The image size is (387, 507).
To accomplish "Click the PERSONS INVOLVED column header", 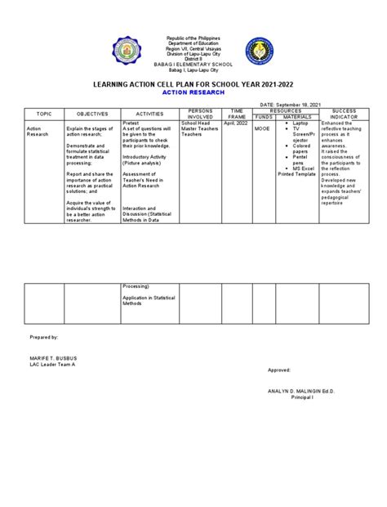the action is click(x=200, y=114).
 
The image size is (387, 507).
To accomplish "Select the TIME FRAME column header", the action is click(x=238, y=114).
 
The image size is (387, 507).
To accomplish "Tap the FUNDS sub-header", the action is click(x=265, y=118).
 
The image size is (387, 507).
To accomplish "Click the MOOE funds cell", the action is click(x=263, y=128).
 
